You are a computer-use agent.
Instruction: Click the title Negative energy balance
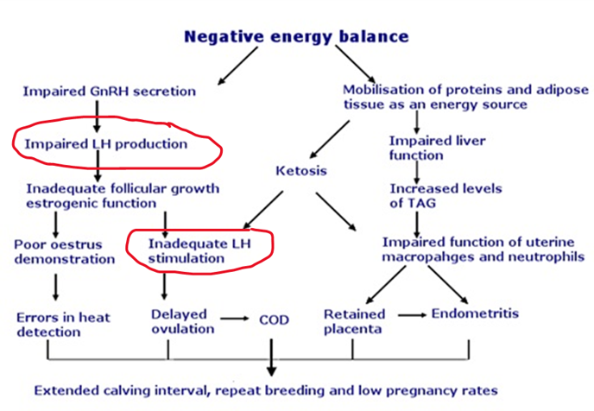tap(296, 37)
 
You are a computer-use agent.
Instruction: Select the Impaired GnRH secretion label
tap(110, 92)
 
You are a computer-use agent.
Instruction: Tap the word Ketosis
tap(301, 170)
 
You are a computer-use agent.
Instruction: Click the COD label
tap(274, 319)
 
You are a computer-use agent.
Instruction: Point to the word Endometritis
tap(475, 313)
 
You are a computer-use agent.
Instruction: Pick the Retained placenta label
tap(354, 321)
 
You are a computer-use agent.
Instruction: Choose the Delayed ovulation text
tap(182, 321)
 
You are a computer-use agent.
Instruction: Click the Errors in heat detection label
tap(63, 325)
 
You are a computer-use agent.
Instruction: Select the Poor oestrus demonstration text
tap(65, 252)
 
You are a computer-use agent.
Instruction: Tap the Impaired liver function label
tap(437, 149)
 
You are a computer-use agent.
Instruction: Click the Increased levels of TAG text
tap(445, 196)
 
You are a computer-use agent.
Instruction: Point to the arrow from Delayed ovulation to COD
tap(235, 319)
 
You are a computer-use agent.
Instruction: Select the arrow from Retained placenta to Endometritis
tap(412, 315)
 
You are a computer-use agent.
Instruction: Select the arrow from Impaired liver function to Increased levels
tap(417, 173)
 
